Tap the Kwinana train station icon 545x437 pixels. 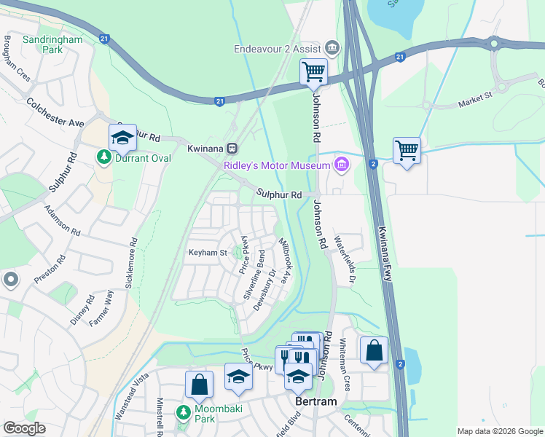232,148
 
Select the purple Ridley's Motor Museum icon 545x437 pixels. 340,165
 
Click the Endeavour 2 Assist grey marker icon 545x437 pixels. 332,49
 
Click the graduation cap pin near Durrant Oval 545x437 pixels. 123,138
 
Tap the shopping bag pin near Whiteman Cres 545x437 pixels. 374,350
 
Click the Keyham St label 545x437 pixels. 208,253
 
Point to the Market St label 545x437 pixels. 476,100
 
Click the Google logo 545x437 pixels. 24,428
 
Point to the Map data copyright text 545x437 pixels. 500,431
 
